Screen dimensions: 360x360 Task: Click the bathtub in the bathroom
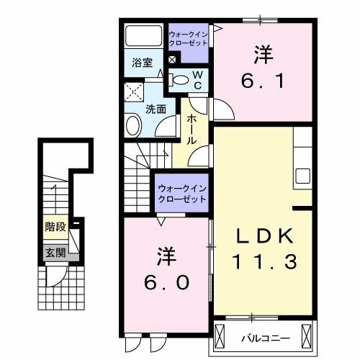click(x=144, y=37)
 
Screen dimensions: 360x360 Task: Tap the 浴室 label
click(x=142, y=63)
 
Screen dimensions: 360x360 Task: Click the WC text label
click(x=199, y=79)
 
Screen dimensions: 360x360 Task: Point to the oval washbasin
click(x=134, y=127)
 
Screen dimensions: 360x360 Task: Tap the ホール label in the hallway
click(x=192, y=130)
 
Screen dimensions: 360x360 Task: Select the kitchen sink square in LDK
click(x=302, y=176)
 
